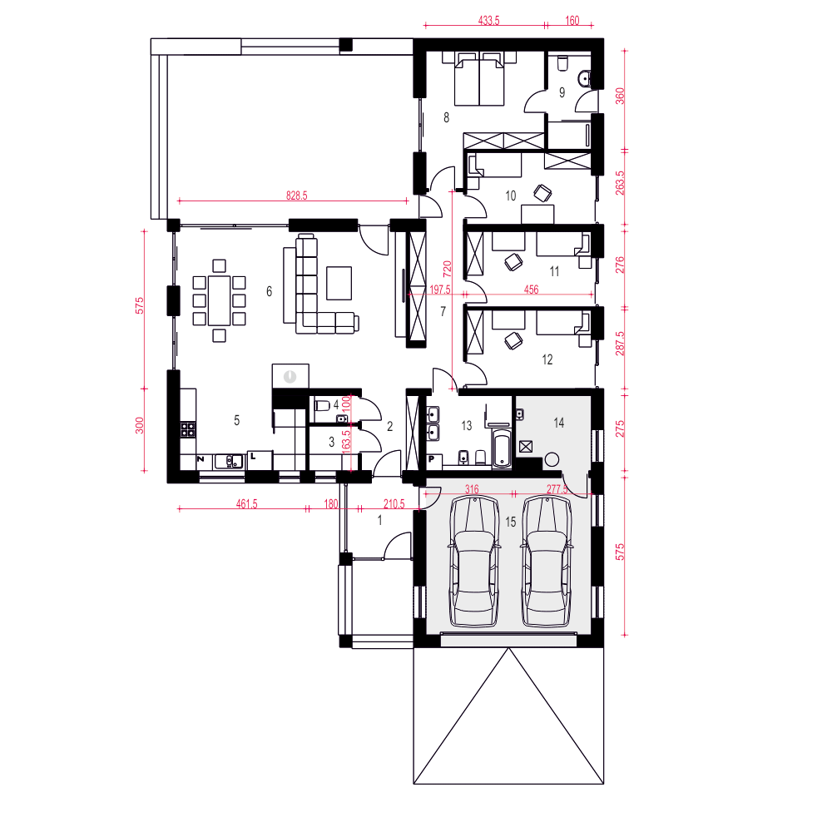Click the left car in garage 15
click(x=474, y=562)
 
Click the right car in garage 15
click(x=547, y=562)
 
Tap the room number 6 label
click(x=269, y=291)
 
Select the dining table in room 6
click(x=219, y=300)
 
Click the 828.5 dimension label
click(x=297, y=196)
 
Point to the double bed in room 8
click(x=479, y=79)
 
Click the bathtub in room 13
click(x=502, y=448)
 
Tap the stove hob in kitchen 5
click(x=188, y=428)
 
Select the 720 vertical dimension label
click(x=448, y=269)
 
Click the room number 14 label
click(x=559, y=423)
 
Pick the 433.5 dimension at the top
click(x=488, y=21)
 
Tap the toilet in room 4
click(x=322, y=406)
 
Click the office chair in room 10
click(x=542, y=193)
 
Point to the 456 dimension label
click(x=531, y=290)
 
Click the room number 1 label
click(x=380, y=521)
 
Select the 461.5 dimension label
click(x=247, y=503)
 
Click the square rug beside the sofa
click(x=339, y=284)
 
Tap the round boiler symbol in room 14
click(x=552, y=459)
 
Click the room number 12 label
click(x=547, y=359)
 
